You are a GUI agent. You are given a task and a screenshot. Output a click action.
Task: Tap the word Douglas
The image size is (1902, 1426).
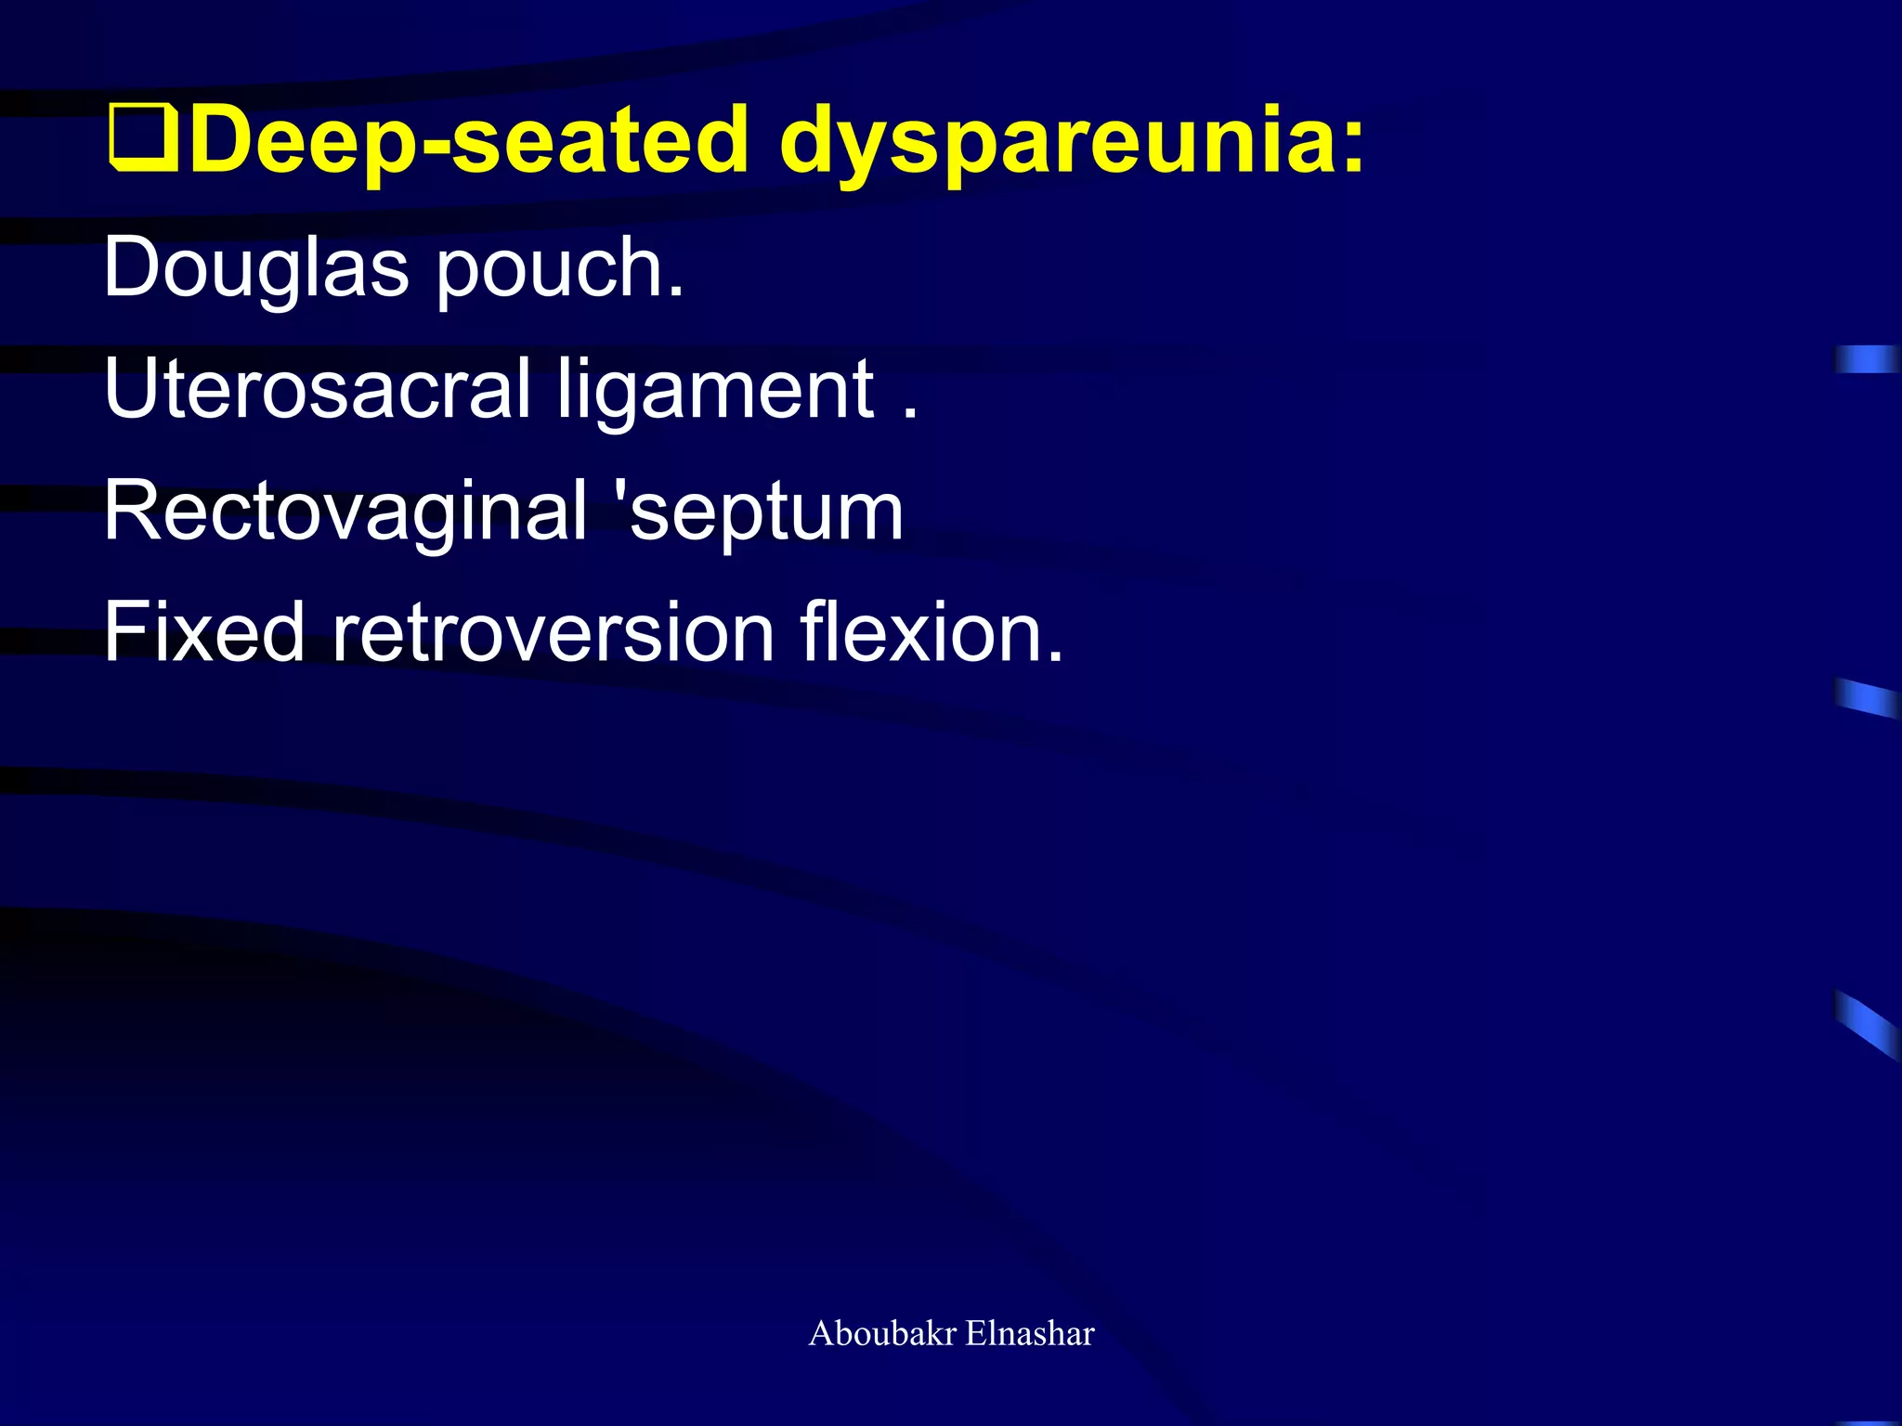(x=255, y=269)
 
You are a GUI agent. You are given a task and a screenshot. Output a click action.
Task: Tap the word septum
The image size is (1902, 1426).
(x=766, y=513)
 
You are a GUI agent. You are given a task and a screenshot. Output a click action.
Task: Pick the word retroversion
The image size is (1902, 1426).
(x=554, y=632)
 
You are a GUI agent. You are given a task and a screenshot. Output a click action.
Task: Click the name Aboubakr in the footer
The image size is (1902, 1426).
(x=882, y=1333)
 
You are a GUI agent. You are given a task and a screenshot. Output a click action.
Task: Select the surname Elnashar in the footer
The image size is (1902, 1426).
(x=1030, y=1333)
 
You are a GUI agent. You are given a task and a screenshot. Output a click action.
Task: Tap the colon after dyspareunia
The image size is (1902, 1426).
(x=1352, y=149)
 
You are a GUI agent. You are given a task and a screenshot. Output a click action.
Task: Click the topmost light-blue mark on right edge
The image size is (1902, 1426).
(x=1867, y=358)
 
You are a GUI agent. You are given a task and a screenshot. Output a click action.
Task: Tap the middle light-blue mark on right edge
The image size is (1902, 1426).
(x=1867, y=697)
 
